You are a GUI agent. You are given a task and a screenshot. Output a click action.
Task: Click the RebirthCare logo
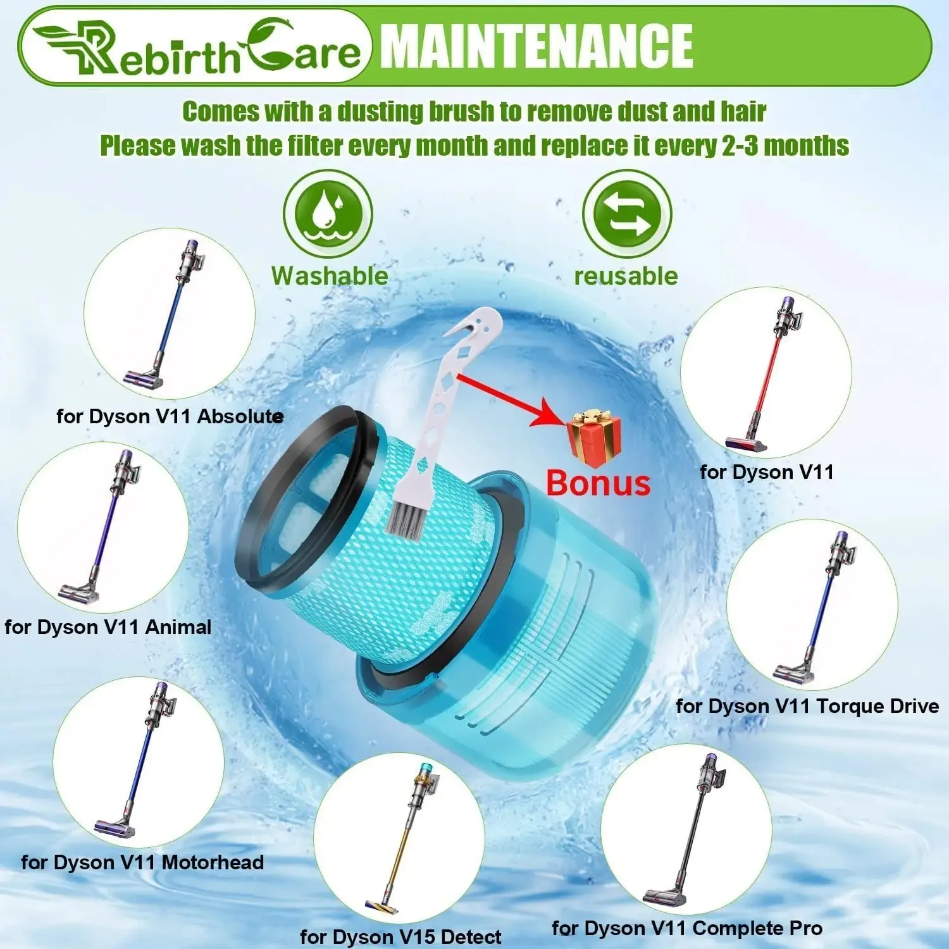196,48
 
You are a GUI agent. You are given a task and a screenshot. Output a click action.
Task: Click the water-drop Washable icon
328,214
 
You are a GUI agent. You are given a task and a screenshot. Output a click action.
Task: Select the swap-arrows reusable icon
626,214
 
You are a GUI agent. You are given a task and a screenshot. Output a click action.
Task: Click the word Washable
330,276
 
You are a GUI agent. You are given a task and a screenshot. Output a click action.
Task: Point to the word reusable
626,276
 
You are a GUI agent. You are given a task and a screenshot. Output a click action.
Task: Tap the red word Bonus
598,483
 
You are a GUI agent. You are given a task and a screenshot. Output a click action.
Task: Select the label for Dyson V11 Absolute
170,416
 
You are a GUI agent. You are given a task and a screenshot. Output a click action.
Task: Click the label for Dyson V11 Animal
108,627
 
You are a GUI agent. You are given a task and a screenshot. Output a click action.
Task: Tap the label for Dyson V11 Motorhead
142,862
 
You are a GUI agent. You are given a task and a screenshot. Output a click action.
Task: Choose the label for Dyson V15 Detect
400,936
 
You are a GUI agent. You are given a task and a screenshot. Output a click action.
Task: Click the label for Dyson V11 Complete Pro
687,928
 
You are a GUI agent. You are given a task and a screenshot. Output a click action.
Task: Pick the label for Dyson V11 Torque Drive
807,706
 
